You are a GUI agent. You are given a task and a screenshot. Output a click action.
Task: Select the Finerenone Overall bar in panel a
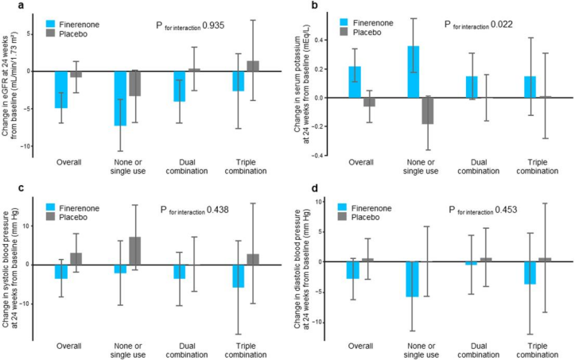[x=61, y=89]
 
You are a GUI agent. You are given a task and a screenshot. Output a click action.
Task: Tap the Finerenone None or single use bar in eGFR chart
[x=119, y=99]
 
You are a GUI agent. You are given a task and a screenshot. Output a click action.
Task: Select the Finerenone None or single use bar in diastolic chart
[x=413, y=280]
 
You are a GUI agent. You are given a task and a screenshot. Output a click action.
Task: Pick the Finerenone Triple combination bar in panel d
[x=530, y=273]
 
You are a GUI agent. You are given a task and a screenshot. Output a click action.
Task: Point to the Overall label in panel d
[x=362, y=346]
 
